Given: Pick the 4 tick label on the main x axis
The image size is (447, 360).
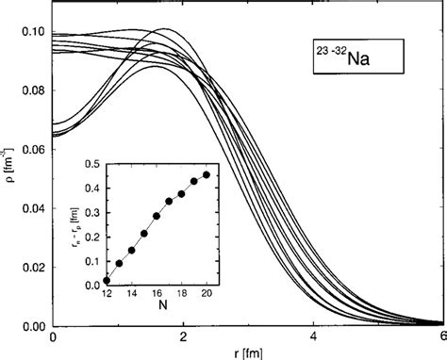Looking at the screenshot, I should tap(313, 338).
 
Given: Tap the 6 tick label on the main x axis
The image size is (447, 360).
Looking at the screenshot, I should tap(441, 338).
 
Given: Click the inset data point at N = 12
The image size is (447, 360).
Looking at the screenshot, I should tap(107, 280).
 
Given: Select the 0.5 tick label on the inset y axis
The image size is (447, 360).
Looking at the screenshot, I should tap(91, 164).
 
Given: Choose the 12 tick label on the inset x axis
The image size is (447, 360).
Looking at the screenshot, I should tap(107, 294).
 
